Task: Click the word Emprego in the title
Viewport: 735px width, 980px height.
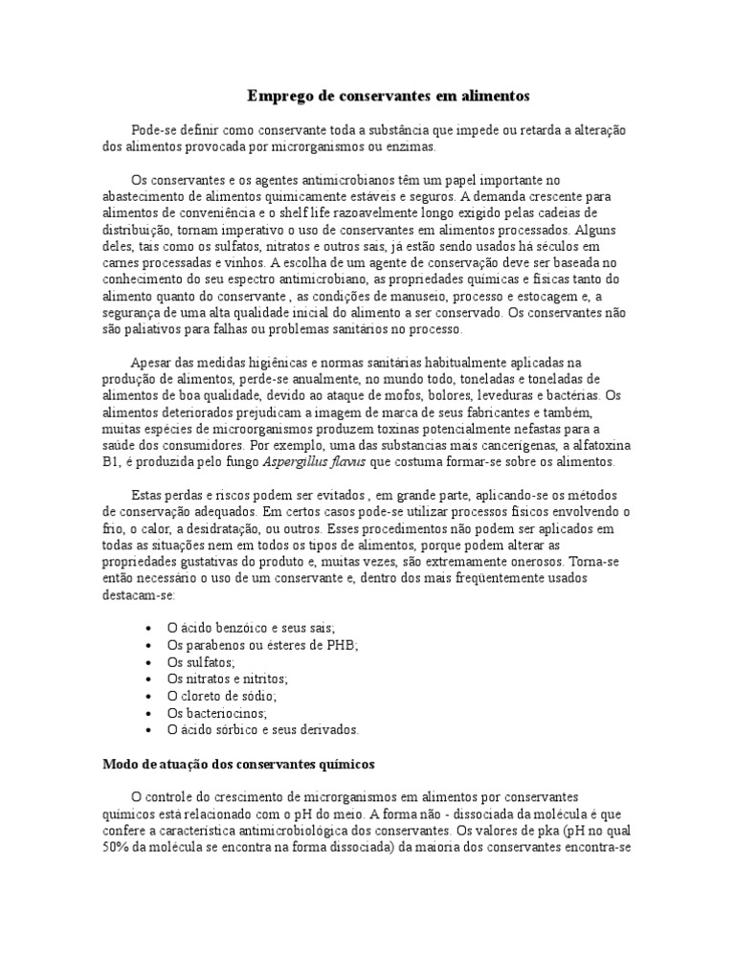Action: [278, 96]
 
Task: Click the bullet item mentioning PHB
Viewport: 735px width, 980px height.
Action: [261, 645]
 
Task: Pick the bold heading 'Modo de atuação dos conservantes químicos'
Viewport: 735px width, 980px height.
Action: [239, 765]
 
